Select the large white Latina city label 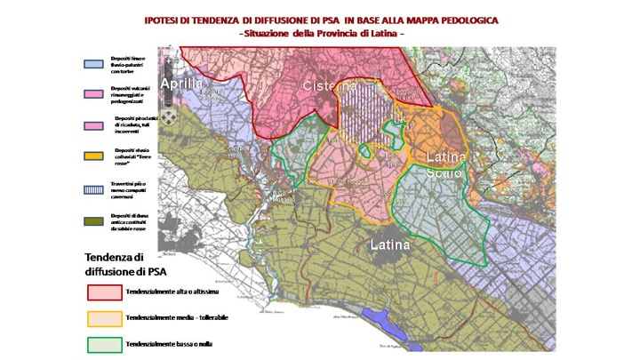pyautogui.click(x=390, y=244)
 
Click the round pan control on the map pyautogui.click(x=169, y=114)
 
